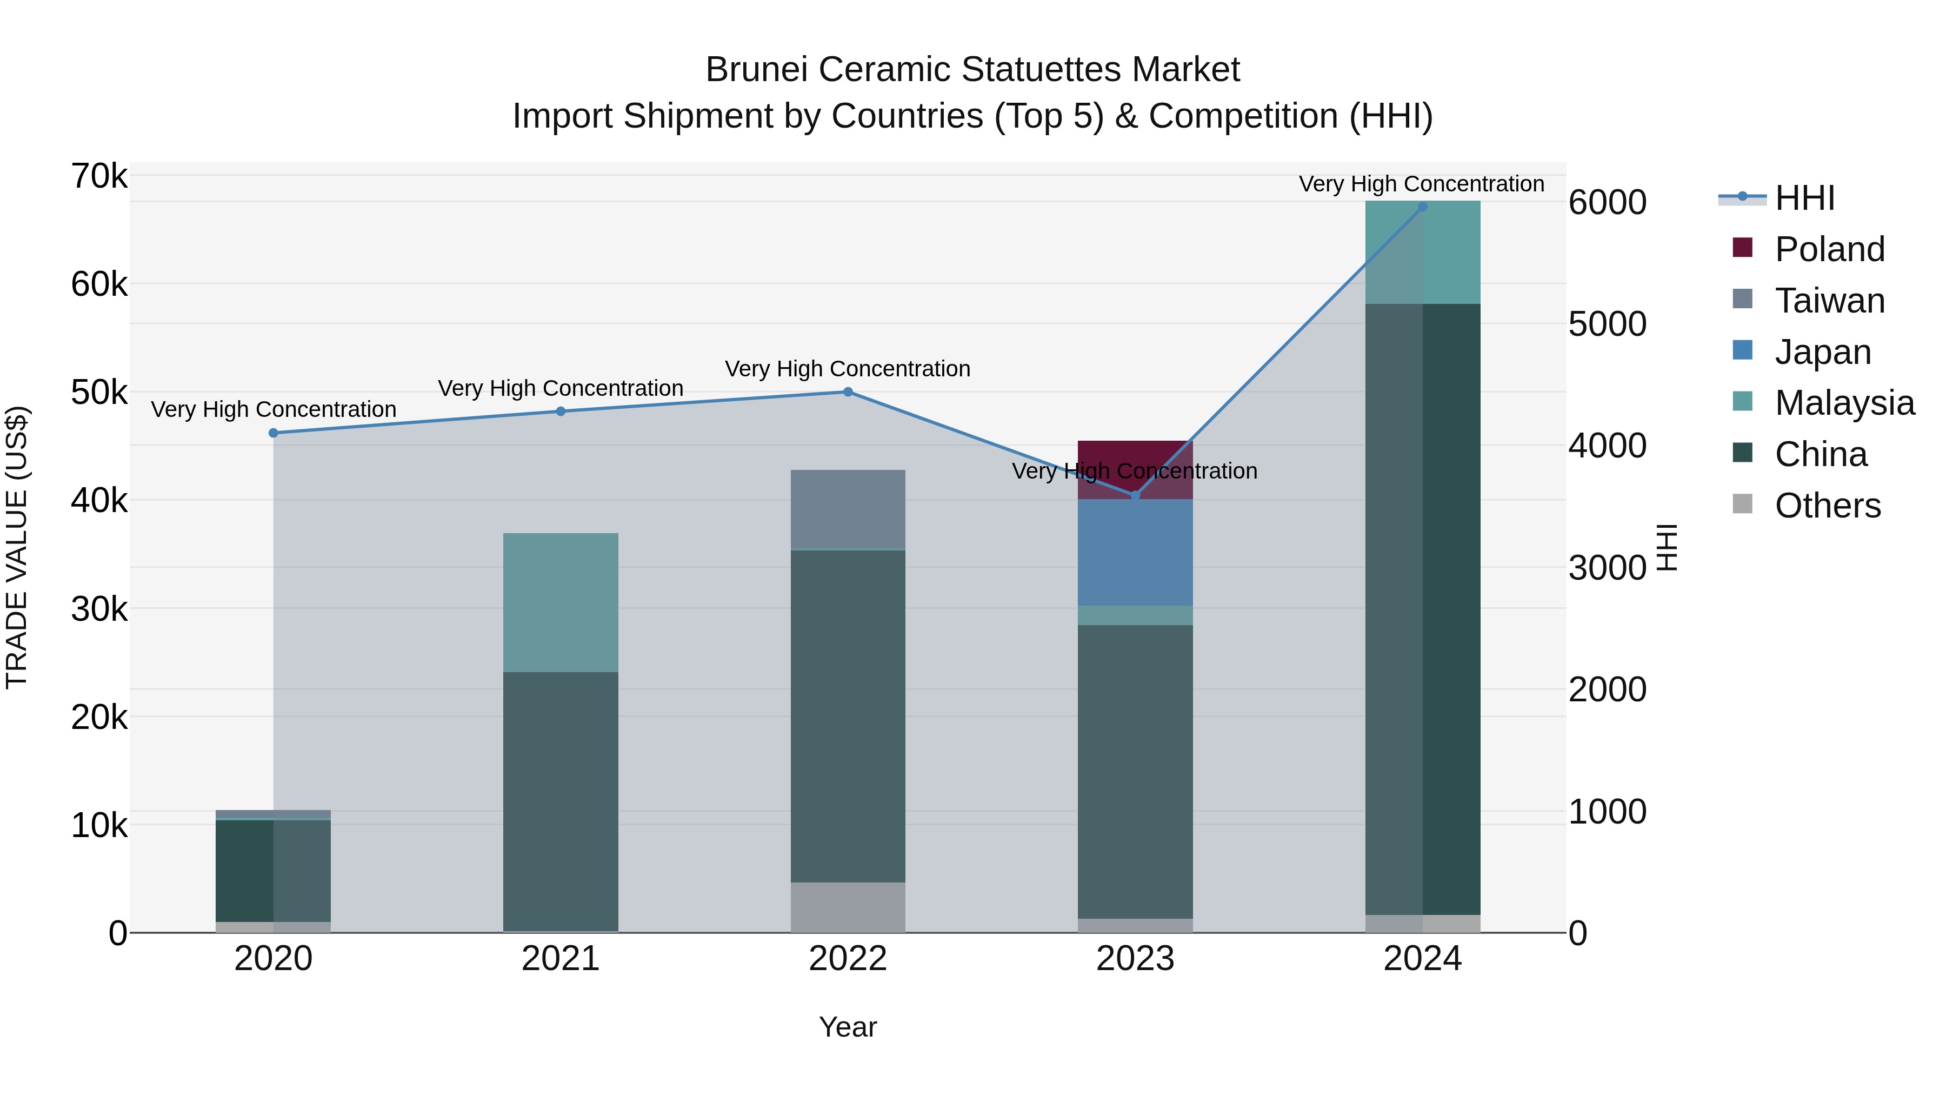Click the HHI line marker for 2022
(848, 392)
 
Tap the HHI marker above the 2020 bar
(274, 433)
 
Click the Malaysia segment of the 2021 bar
(561, 602)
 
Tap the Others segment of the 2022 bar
(848, 907)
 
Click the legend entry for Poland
(1829, 249)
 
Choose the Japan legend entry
(1822, 352)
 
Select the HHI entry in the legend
(1804, 198)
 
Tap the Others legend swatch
(1742, 504)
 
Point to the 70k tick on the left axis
(99, 176)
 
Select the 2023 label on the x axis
(1135, 959)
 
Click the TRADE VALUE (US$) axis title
(17, 547)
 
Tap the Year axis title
(848, 1027)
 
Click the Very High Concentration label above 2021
(561, 388)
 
